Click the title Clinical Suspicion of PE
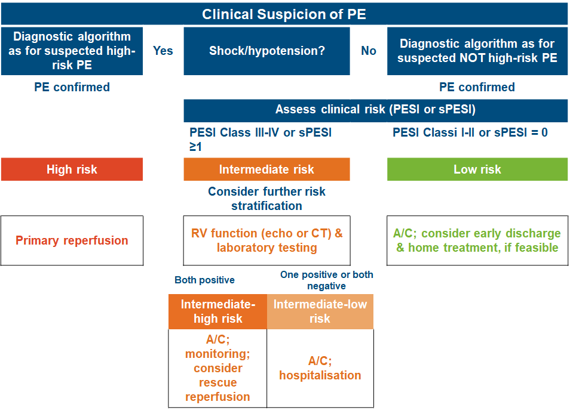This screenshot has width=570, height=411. click(x=284, y=14)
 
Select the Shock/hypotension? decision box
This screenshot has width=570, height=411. click(x=266, y=51)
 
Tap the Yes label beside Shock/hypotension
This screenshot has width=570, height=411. click(x=163, y=51)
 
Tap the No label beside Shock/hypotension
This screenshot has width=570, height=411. click(x=369, y=51)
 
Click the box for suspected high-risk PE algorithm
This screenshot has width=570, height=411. click(x=72, y=51)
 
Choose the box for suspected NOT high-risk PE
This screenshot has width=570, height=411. click(x=477, y=51)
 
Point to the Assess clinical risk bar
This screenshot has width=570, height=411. click(x=375, y=110)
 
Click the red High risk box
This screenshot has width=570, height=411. click(x=72, y=169)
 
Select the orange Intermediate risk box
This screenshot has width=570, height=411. click(x=266, y=169)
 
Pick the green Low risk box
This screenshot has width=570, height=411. click(x=477, y=169)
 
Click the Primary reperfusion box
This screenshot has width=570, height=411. click(x=72, y=240)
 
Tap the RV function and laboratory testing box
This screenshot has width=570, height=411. click(x=266, y=240)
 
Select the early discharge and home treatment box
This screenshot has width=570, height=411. click(x=477, y=240)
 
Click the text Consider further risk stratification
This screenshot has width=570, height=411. click(x=266, y=199)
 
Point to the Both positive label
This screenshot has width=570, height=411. click(x=204, y=280)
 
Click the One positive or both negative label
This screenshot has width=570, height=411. click(x=326, y=280)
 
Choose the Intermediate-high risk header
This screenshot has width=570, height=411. click(x=217, y=311)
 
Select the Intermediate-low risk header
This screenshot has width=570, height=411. click(x=320, y=311)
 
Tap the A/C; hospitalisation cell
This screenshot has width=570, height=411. click(x=320, y=368)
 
